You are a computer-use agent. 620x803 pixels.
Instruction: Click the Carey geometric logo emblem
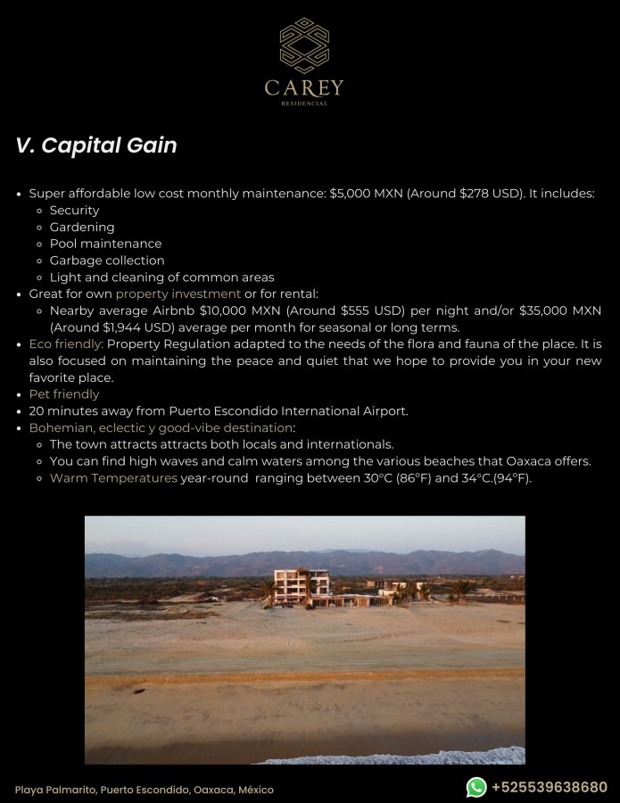pos(304,45)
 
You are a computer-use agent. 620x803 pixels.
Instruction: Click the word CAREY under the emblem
pos(304,87)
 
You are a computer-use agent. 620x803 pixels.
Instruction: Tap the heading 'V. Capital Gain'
pos(96,145)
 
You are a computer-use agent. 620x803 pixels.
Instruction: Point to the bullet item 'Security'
pos(74,211)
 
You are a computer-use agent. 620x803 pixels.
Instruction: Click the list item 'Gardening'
pos(82,228)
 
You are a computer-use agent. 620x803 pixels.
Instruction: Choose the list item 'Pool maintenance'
pos(105,244)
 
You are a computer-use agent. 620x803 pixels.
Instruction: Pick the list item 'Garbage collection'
pos(107,261)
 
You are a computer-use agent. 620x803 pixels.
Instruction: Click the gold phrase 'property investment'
pos(178,294)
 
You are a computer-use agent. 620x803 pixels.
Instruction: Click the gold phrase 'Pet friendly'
pos(64,394)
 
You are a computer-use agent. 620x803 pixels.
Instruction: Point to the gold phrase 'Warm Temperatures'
pos(113,478)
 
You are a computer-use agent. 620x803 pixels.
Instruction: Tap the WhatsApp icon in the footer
pos(476,787)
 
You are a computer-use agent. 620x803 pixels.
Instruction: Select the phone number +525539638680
pos(550,787)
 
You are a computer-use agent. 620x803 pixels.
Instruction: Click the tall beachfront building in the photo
pos(301,585)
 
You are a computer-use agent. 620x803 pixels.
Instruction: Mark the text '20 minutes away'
pos(76,411)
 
